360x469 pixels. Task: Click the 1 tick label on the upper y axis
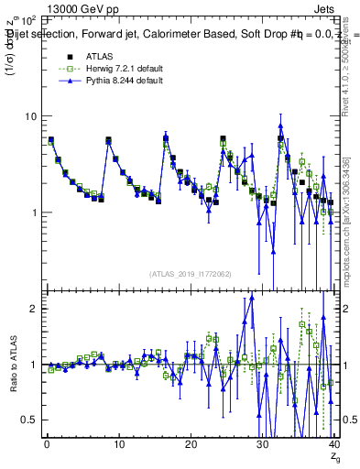[x=36, y=213]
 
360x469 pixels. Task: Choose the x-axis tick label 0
[x=46, y=444]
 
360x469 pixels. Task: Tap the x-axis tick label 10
[x=117, y=444]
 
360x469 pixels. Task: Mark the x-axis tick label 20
[x=190, y=444]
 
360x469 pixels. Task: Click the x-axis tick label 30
[x=262, y=444]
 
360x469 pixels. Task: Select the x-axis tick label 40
[x=333, y=444]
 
